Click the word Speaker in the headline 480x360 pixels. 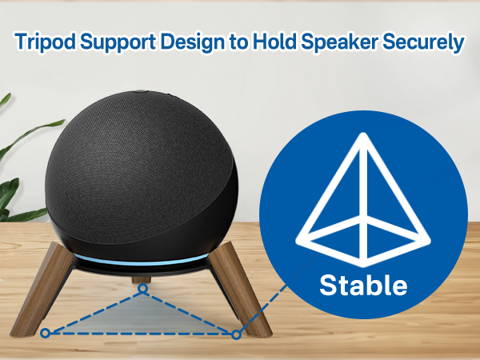pyautogui.click(x=342, y=42)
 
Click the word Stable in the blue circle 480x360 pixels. pyautogui.click(x=363, y=285)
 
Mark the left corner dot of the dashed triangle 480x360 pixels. pyautogui.click(x=46, y=332)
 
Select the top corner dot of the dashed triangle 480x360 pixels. pyautogui.click(x=142, y=289)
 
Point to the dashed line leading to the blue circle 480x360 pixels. pyautogui.click(x=272, y=296)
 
